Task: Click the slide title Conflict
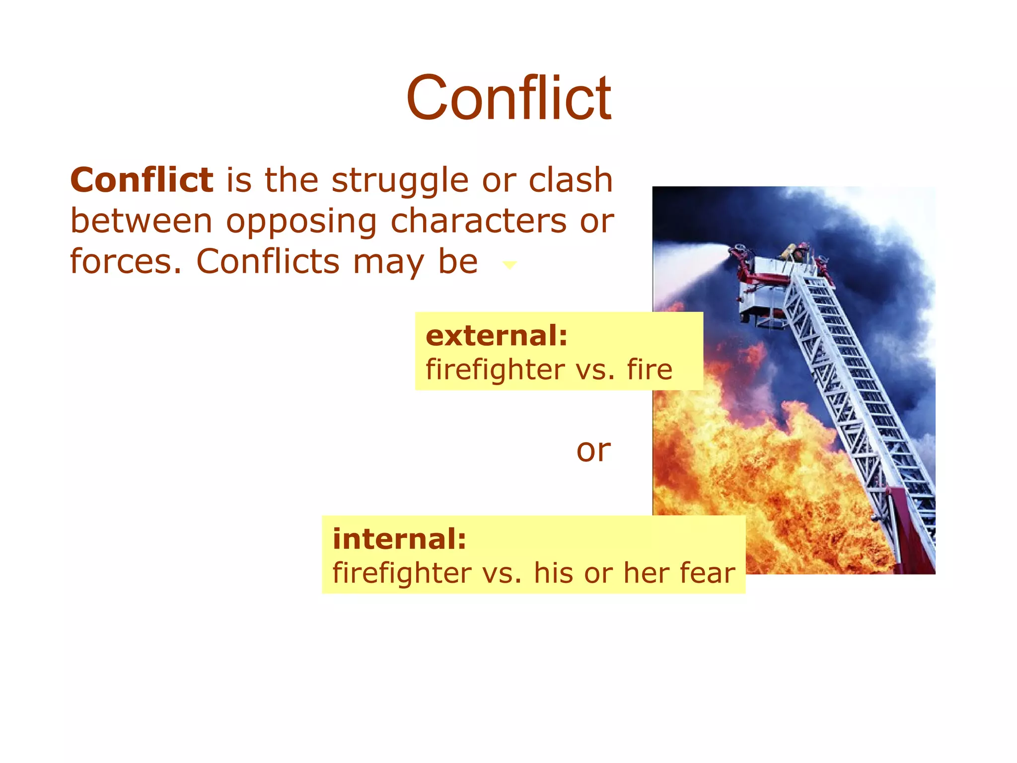point(508,97)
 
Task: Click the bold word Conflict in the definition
point(142,180)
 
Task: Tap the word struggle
point(400,181)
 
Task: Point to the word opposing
point(301,222)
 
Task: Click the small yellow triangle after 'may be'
point(509,265)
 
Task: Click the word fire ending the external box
point(650,370)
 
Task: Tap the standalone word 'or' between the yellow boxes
point(593,451)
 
